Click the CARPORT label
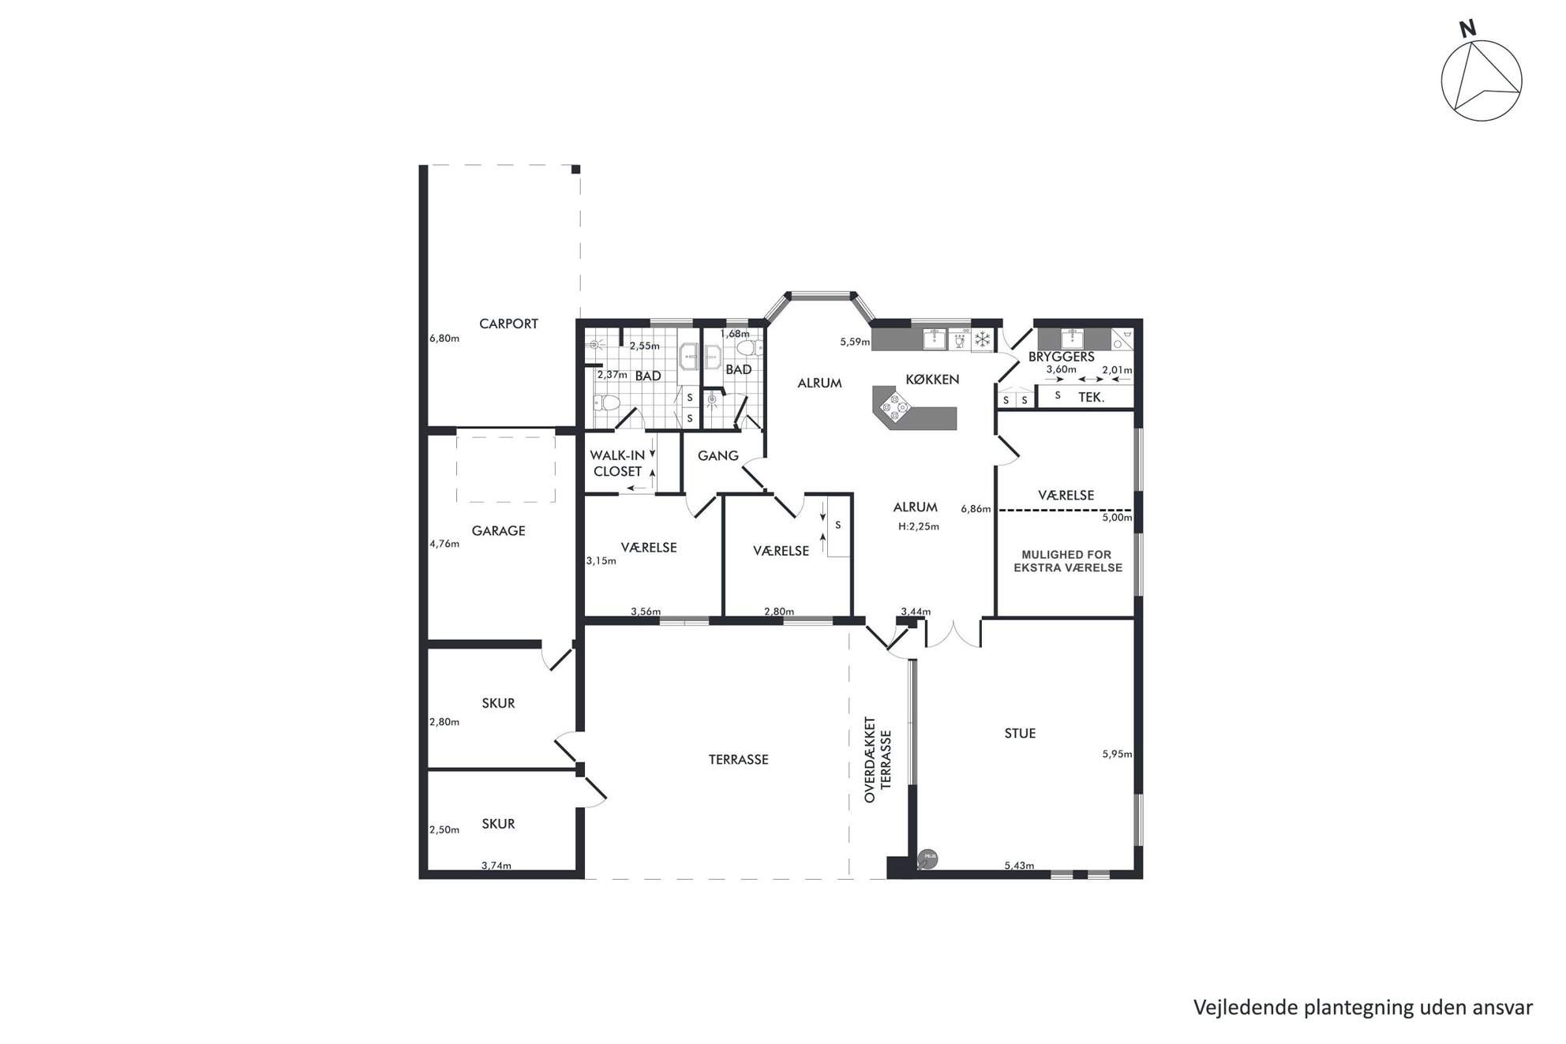pyautogui.click(x=508, y=324)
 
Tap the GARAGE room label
pyautogui.click(x=498, y=531)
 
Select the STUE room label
pyautogui.click(x=1020, y=733)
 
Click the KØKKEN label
pyautogui.click(x=932, y=380)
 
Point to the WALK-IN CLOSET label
pyautogui.click(x=618, y=463)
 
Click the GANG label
pyautogui.click(x=718, y=455)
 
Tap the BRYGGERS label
pyautogui.click(x=1061, y=357)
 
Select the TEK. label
pyautogui.click(x=1092, y=399)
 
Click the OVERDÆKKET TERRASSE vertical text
pyautogui.click(x=878, y=760)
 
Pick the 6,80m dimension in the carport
pyautogui.click(x=444, y=339)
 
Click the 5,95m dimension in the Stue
pyautogui.click(x=1117, y=754)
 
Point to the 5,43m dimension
pyautogui.click(x=1019, y=866)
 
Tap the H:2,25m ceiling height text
pyautogui.click(x=919, y=526)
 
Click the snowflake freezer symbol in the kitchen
pyautogui.click(x=983, y=340)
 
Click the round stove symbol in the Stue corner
pyautogui.click(x=928, y=859)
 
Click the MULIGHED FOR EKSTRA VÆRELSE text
pyautogui.click(x=1067, y=561)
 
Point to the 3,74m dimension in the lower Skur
pyautogui.click(x=496, y=866)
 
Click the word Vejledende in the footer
pyautogui.click(x=1237, y=1008)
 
